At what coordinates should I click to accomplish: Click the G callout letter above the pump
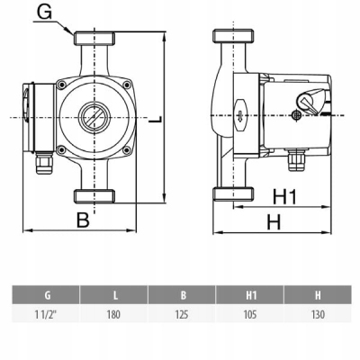[x=44, y=13]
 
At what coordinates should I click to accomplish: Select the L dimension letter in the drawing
[x=156, y=119]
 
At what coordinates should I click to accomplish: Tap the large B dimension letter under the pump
[x=83, y=220]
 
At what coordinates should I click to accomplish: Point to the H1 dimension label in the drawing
[x=284, y=197]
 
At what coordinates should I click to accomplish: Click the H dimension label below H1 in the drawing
[x=274, y=222]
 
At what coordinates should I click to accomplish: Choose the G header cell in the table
[x=46, y=295]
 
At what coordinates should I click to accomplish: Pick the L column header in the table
[x=114, y=295]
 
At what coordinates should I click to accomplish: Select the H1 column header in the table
[x=250, y=295]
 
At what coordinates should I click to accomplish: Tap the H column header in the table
[x=318, y=295]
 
